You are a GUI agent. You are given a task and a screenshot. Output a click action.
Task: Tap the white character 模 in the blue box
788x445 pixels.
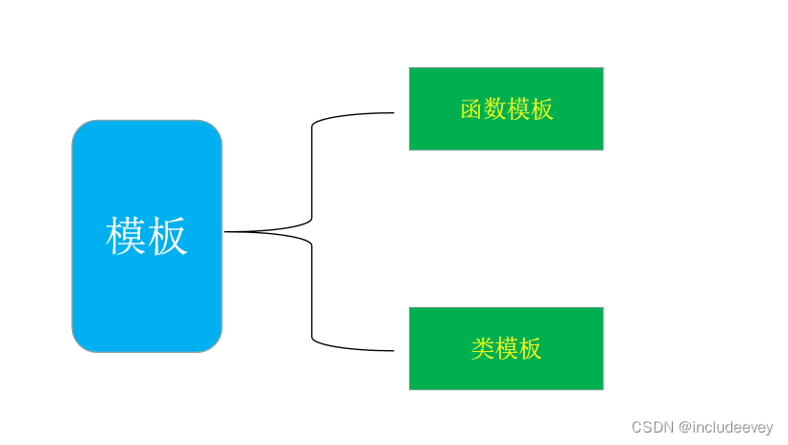(x=126, y=236)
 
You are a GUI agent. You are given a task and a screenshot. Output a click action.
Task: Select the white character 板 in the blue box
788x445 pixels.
(x=168, y=236)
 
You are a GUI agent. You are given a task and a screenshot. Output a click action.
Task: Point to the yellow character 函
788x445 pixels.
(x=471, y=109)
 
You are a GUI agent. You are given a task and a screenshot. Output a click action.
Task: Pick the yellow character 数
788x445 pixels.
(x=494, y=109)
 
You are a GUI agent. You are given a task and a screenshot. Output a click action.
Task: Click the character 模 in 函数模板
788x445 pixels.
(x=518, y=109)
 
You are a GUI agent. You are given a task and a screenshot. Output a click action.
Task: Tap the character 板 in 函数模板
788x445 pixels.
(x=542, y=109)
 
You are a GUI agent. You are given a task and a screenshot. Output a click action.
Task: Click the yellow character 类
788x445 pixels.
(x=483, y=348)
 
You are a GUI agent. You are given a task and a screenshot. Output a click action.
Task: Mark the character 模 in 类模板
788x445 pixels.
(x=507, y=348)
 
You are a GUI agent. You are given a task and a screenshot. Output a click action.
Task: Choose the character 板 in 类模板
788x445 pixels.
(x=530, y=348)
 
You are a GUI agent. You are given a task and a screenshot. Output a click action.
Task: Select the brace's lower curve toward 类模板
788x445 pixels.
(x=312, y=293)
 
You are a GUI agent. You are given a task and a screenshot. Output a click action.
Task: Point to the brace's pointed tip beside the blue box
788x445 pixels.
(x=227, y=231)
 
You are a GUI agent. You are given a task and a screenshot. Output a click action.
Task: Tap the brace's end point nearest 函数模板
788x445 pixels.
(x=393, y=113)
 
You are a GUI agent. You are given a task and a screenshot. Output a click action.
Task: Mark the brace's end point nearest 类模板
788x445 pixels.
(x=393, y=350)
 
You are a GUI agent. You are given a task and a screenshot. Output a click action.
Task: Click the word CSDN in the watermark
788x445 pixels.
(x=653, y=427)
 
